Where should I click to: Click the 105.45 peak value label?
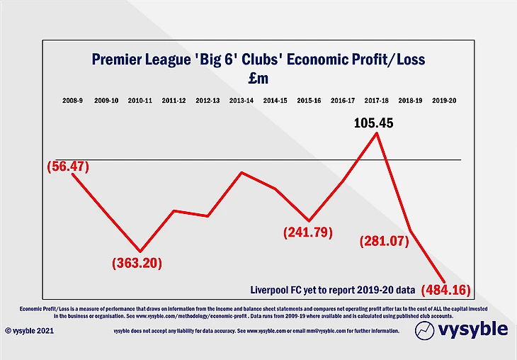(374, 123)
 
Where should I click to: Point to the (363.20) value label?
(137, 263)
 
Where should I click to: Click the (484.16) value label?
(446, 289)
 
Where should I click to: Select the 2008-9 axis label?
(72, 101)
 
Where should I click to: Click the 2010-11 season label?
(140, 101)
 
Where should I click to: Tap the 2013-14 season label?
(242, 101)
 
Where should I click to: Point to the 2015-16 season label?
(309, 101)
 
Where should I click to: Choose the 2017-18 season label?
(377, 101)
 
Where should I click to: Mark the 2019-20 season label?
(444, 101)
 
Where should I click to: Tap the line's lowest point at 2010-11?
(140, 251)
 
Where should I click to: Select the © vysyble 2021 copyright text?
(29, 330)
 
